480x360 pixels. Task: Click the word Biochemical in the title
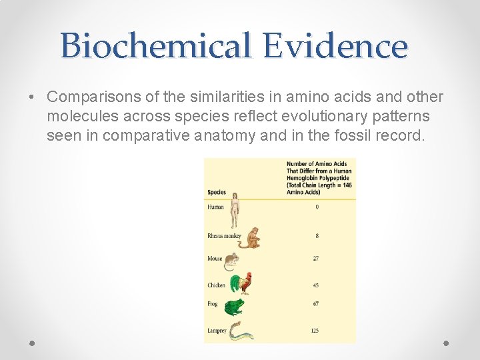point(156,47)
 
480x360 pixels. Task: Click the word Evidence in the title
point(335,47)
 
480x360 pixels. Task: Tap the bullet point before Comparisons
point(32,98)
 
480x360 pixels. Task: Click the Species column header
point(217,193)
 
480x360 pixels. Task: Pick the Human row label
point(215,207)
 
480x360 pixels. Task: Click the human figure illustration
point(235,209)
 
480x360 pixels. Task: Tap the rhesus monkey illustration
point(251,238)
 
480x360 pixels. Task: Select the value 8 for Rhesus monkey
point(316,236)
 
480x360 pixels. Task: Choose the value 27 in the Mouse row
point(315,259)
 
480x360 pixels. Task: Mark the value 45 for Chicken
point(315,285)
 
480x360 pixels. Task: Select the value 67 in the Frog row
point(315,304)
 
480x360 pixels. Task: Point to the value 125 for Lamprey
point(315,331)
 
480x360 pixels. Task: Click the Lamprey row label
point(217,331)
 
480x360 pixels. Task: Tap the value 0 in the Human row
point(317,207)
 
